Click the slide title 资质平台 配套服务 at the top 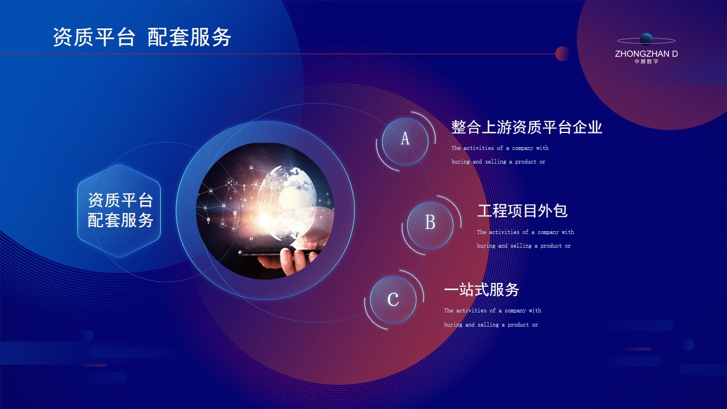pyautogui.click(x=142, y=37)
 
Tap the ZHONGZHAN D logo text pyautogui.click(x=646, y=54)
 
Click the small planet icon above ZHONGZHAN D pyautogui.click(x=646, y=40)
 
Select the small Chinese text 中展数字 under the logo pyautogui.click(x=646, y=61)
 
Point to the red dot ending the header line pyautogui.click(x=562, y=53)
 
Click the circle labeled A pyautogui.click(x=405, y=141)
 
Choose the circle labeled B pyautogui.click(x=430, y=226)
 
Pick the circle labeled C pyautogui.click(x=393, y=299)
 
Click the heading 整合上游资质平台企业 pyautogui.click(x=527, y=127)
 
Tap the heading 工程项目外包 pyautogui.click(x=522, y=211)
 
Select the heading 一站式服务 pyautogui.click(x=481, y=289)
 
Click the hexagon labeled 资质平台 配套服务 pyautogui.click(x=119, y=211)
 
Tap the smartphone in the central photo pyautogui.click(x=279, y=252)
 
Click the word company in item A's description pyautogui.click(x=523, y=148)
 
